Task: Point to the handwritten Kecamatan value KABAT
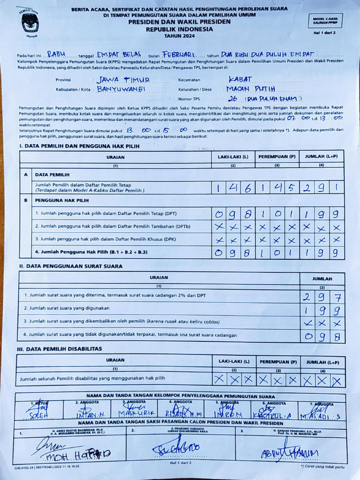click(240, 79)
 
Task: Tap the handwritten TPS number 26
click(233, 98)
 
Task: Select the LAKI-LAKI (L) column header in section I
click(232, 157)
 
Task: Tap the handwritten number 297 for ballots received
click(322, 297)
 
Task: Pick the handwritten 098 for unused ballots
click(322, 336)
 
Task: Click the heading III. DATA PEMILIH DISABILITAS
click(60, 349)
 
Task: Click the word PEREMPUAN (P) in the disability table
click(278, 361)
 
